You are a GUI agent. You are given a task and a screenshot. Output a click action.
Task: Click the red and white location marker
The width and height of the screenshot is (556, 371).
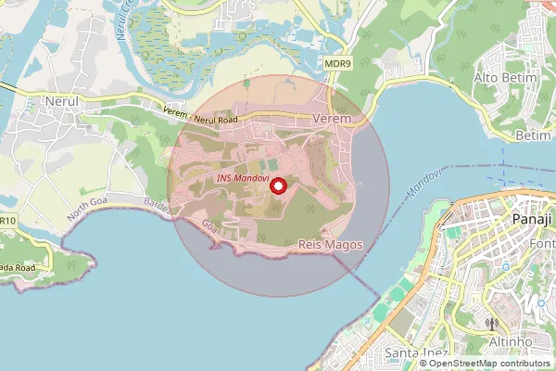[x=277, y=186]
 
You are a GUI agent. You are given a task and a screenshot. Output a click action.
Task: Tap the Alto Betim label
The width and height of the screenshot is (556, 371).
[x=506, y=77]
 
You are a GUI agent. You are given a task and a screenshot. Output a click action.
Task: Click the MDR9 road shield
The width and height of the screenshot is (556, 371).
[x=338, y=63]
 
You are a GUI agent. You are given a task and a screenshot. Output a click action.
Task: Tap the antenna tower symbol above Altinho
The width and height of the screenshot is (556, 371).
[x=491, y=325]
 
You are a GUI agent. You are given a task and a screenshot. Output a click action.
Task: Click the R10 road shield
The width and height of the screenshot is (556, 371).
[x=7, y=221]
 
